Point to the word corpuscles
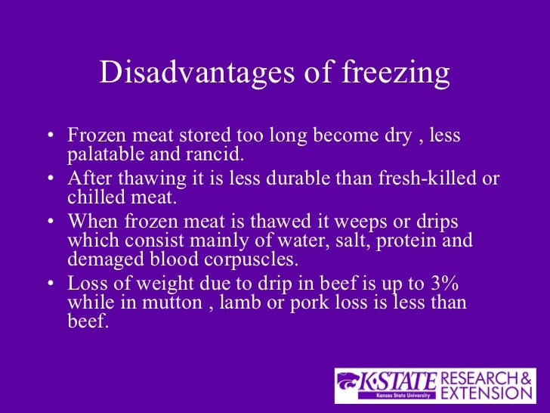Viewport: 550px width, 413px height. tap(252, 260)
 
